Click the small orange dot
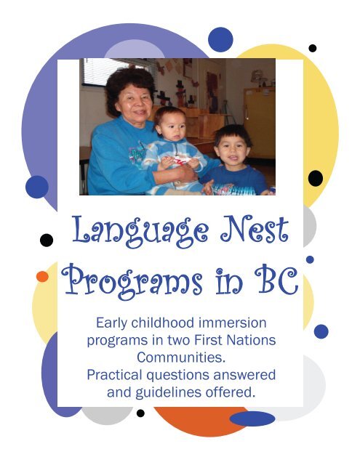(x=43, y=277)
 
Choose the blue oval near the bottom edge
(x=252, y=418)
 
